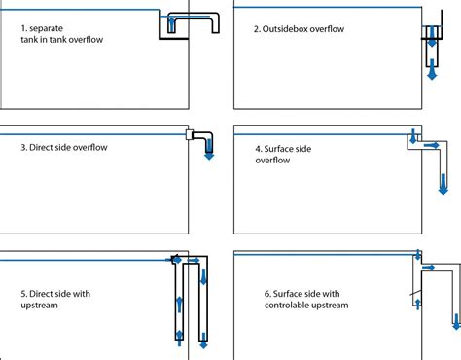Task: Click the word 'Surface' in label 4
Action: click(289, 148)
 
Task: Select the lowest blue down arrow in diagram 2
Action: click(431, 72)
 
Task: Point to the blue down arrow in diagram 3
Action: click(207, 154)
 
